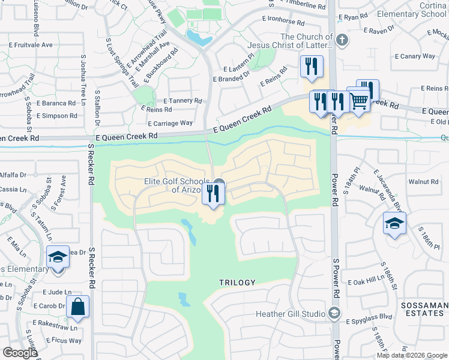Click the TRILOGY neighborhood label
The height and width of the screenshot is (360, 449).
click(x=237, y=282)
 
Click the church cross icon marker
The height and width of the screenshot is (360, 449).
click(x=342, y=40)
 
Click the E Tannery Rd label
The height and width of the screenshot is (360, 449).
click(x=182, y=101)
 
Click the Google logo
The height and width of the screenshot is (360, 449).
click(x=20, y=353)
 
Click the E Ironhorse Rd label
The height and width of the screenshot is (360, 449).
click(x=283, y=22)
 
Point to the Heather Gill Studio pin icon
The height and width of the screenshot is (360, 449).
click(x=335, y=313)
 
